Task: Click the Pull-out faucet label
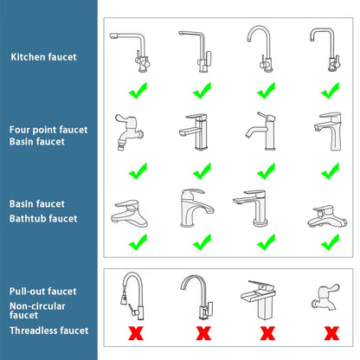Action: [43, 292]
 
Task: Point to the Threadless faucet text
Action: [48, 330]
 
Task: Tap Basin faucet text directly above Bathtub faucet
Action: [37, 203]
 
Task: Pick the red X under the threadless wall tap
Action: [329, 331]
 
